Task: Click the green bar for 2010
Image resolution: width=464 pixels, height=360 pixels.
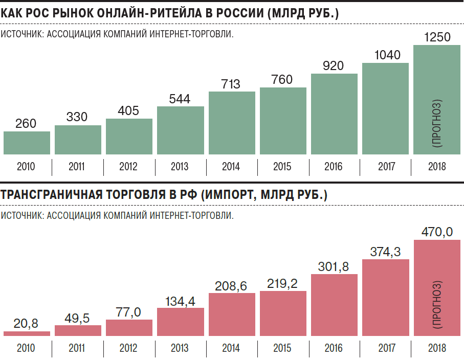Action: pyautogui.click(x=27, y=143)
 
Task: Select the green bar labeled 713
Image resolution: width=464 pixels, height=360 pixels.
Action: pyautogui.click(x=232, y=123)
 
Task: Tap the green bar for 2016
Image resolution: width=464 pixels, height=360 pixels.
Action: pyautogui.click(x=334, y=114)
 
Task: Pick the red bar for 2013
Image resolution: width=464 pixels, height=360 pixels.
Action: pyautogui.click(x=181, y=322)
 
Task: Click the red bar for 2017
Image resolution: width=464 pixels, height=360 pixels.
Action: pyautogui.click(x=386, y=298)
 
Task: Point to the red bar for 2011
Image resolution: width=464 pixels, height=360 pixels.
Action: pyautogui.click(x=78, y=330)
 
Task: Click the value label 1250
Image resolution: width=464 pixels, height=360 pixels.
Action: pyautogui.click(x=437, y=37)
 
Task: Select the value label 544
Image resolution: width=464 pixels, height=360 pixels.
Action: pyautogui.click(x=180, y=99)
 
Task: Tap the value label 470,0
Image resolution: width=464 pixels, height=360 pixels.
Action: pyautogui.click(x=437, y=232)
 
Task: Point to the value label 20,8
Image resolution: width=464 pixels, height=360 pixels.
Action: pyautogui.click(x=27, y=323)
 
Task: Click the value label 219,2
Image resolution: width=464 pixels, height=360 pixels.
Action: pyautogui.click(x=283, y=283)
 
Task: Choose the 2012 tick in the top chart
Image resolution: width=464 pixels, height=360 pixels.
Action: pyautogui.click(x=129, y=167)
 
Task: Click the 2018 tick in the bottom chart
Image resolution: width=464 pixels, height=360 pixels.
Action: pyautogui.click(x=437, y=348)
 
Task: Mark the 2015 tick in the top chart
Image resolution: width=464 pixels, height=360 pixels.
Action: pyautogui.click(x=283, y=167)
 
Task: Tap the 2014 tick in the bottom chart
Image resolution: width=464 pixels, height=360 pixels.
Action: pyautogui.click(x=232, y=348)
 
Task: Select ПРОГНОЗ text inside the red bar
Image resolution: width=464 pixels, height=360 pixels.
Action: pyautogui.click(x=437, y=304)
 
